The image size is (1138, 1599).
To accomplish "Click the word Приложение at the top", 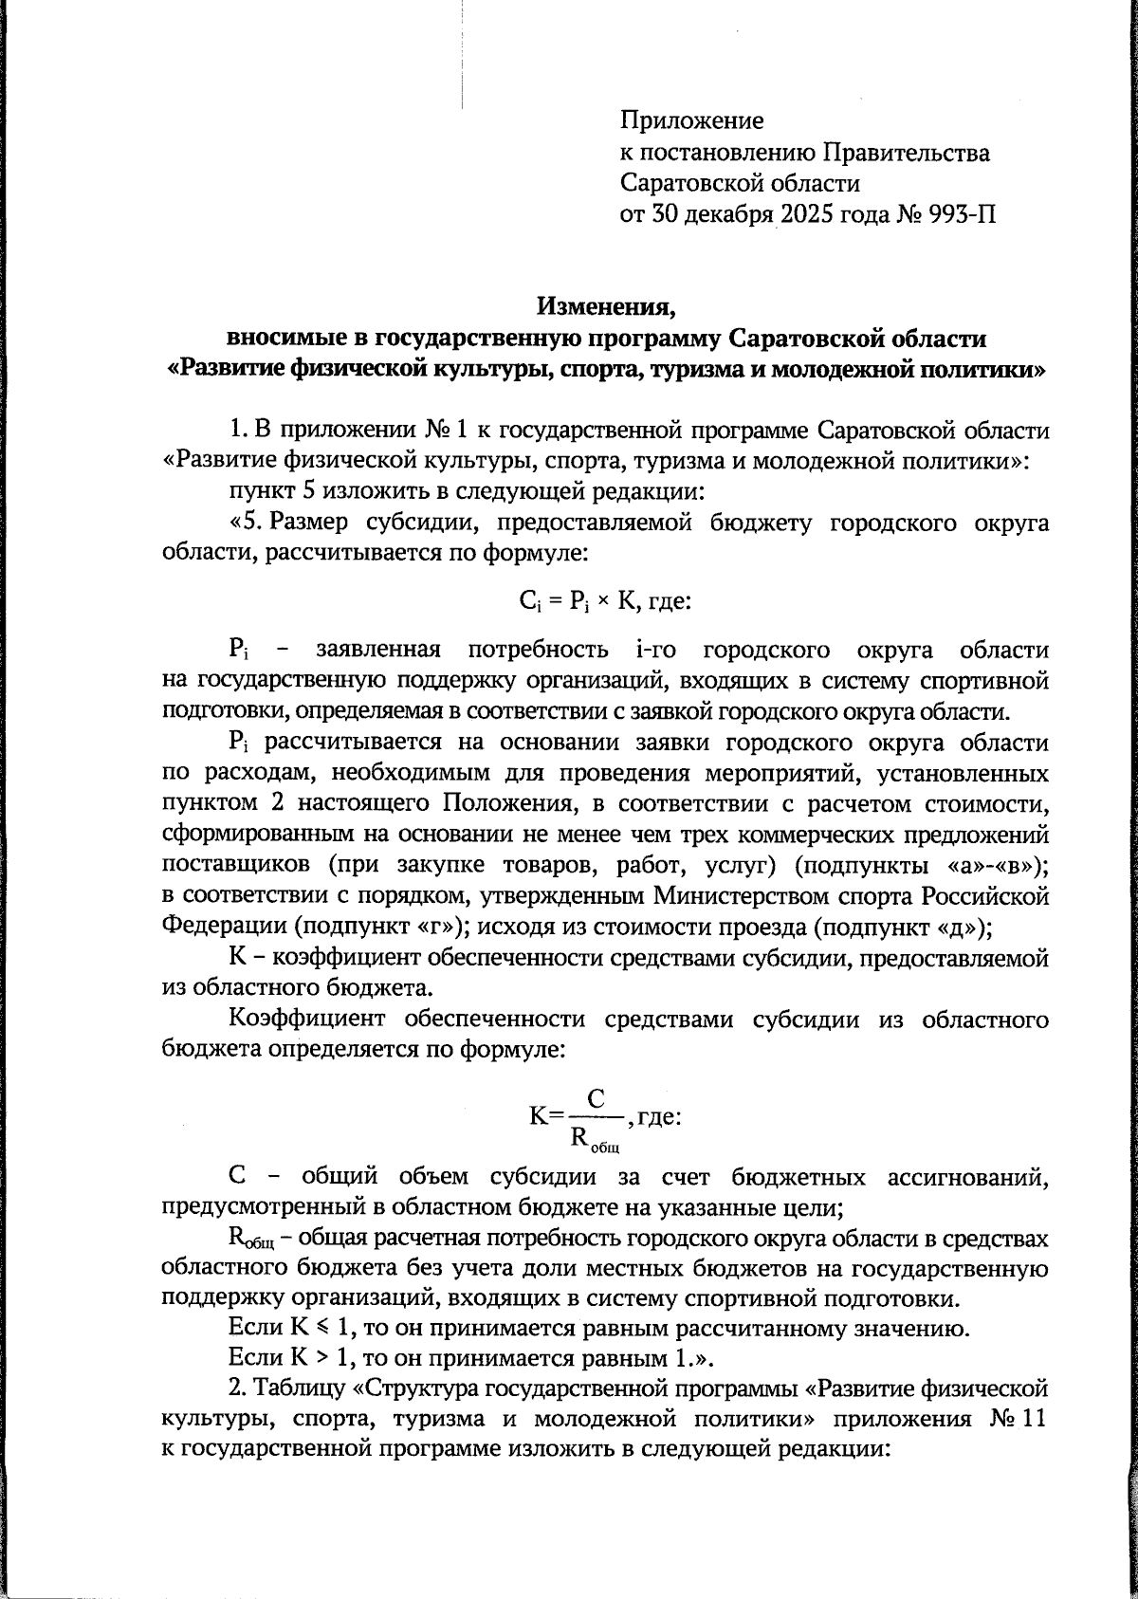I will [691, 121].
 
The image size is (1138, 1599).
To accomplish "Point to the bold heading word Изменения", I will [606, 307].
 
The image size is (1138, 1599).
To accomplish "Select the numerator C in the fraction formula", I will [596, 1098].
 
